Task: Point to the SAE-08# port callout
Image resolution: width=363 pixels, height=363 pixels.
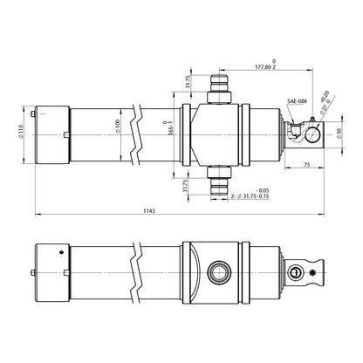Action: (298, 101)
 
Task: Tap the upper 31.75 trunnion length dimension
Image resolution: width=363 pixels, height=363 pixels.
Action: (188, 80)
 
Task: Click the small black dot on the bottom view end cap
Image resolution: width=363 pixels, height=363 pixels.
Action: (60, 253)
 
